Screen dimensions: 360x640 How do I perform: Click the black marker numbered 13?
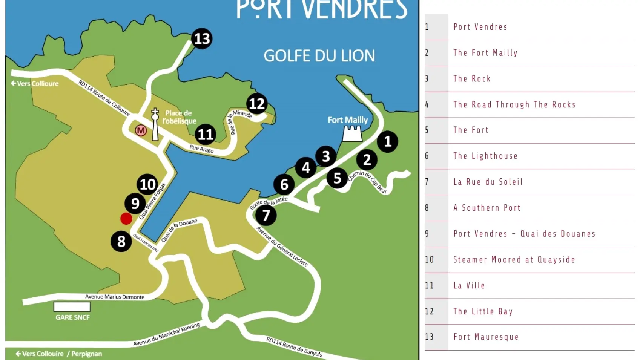[x=202, y=38]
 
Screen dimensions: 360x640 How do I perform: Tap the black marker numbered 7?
[x=266, y=215]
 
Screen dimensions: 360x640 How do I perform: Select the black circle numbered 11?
[x=206, y=134]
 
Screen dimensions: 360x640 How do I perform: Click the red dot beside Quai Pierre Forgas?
[x=126, y=218]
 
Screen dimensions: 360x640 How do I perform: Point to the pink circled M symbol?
[x=141, y=130]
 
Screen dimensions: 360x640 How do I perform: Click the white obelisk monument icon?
[x=155, y=125]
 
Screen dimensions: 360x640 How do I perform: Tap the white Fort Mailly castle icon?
[x=352, y=134]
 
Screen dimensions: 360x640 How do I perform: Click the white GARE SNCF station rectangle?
[x=72, y=306]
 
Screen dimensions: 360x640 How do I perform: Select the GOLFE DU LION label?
[x=319, y=56]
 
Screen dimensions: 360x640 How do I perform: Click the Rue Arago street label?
[x=201, y=149]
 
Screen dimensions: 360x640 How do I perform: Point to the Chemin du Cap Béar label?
[x=367, y=181]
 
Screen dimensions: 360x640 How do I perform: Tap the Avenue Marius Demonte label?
[x=115, y=297]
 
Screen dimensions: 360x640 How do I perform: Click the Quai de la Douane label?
[x=179, y=230]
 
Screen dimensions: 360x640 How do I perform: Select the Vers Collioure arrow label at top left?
[x=35, y=83]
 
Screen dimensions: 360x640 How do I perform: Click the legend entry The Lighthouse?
[x=485, y=156]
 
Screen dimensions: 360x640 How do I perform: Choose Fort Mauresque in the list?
[x=486, y=337]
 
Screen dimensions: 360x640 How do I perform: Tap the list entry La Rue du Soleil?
[x=488, y=182]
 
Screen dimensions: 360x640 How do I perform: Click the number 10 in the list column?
[x=429, y=260]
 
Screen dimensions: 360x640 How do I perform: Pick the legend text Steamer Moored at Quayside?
[x=514, y=260]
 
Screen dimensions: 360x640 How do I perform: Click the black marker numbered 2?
[x=367, y=159]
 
